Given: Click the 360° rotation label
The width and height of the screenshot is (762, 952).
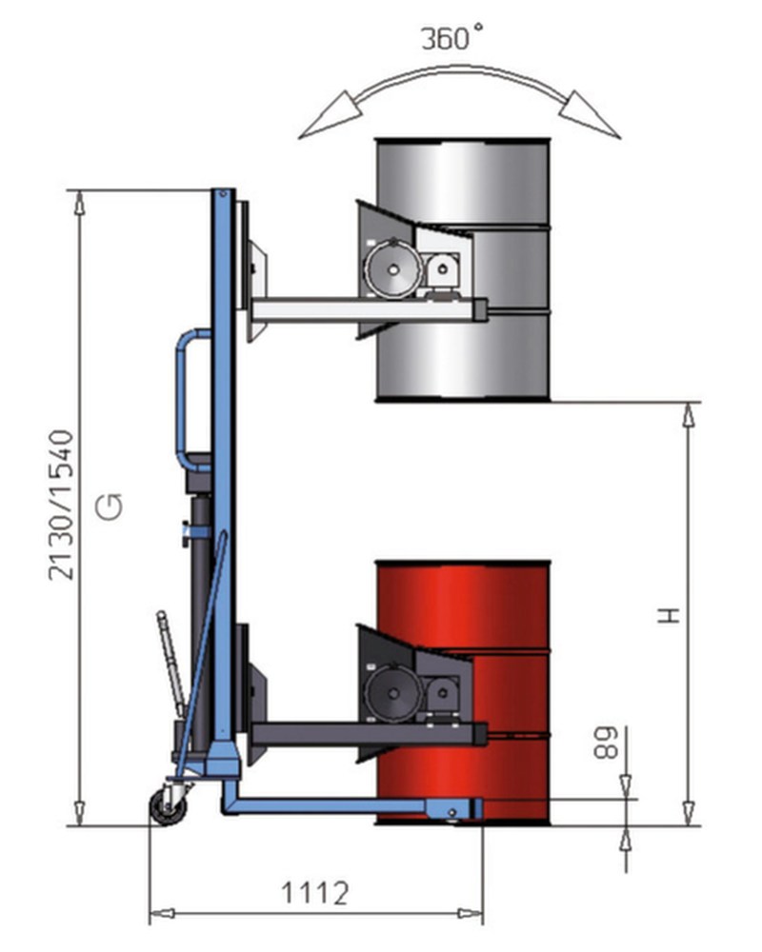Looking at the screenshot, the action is (x=452, y=38).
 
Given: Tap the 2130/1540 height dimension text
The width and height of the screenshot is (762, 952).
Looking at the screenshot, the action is (x=61, y=506).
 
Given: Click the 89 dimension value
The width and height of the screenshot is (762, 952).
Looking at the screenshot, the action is (x=605, y=742).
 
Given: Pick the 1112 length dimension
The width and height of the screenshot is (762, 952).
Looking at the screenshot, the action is (x=314, y=893).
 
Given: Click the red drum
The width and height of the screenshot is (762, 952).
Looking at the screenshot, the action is (x=463, y=692).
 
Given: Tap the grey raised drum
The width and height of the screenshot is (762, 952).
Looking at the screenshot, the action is (x=463, y=270).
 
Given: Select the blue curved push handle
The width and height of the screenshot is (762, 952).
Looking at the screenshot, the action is (x=180, y=401).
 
